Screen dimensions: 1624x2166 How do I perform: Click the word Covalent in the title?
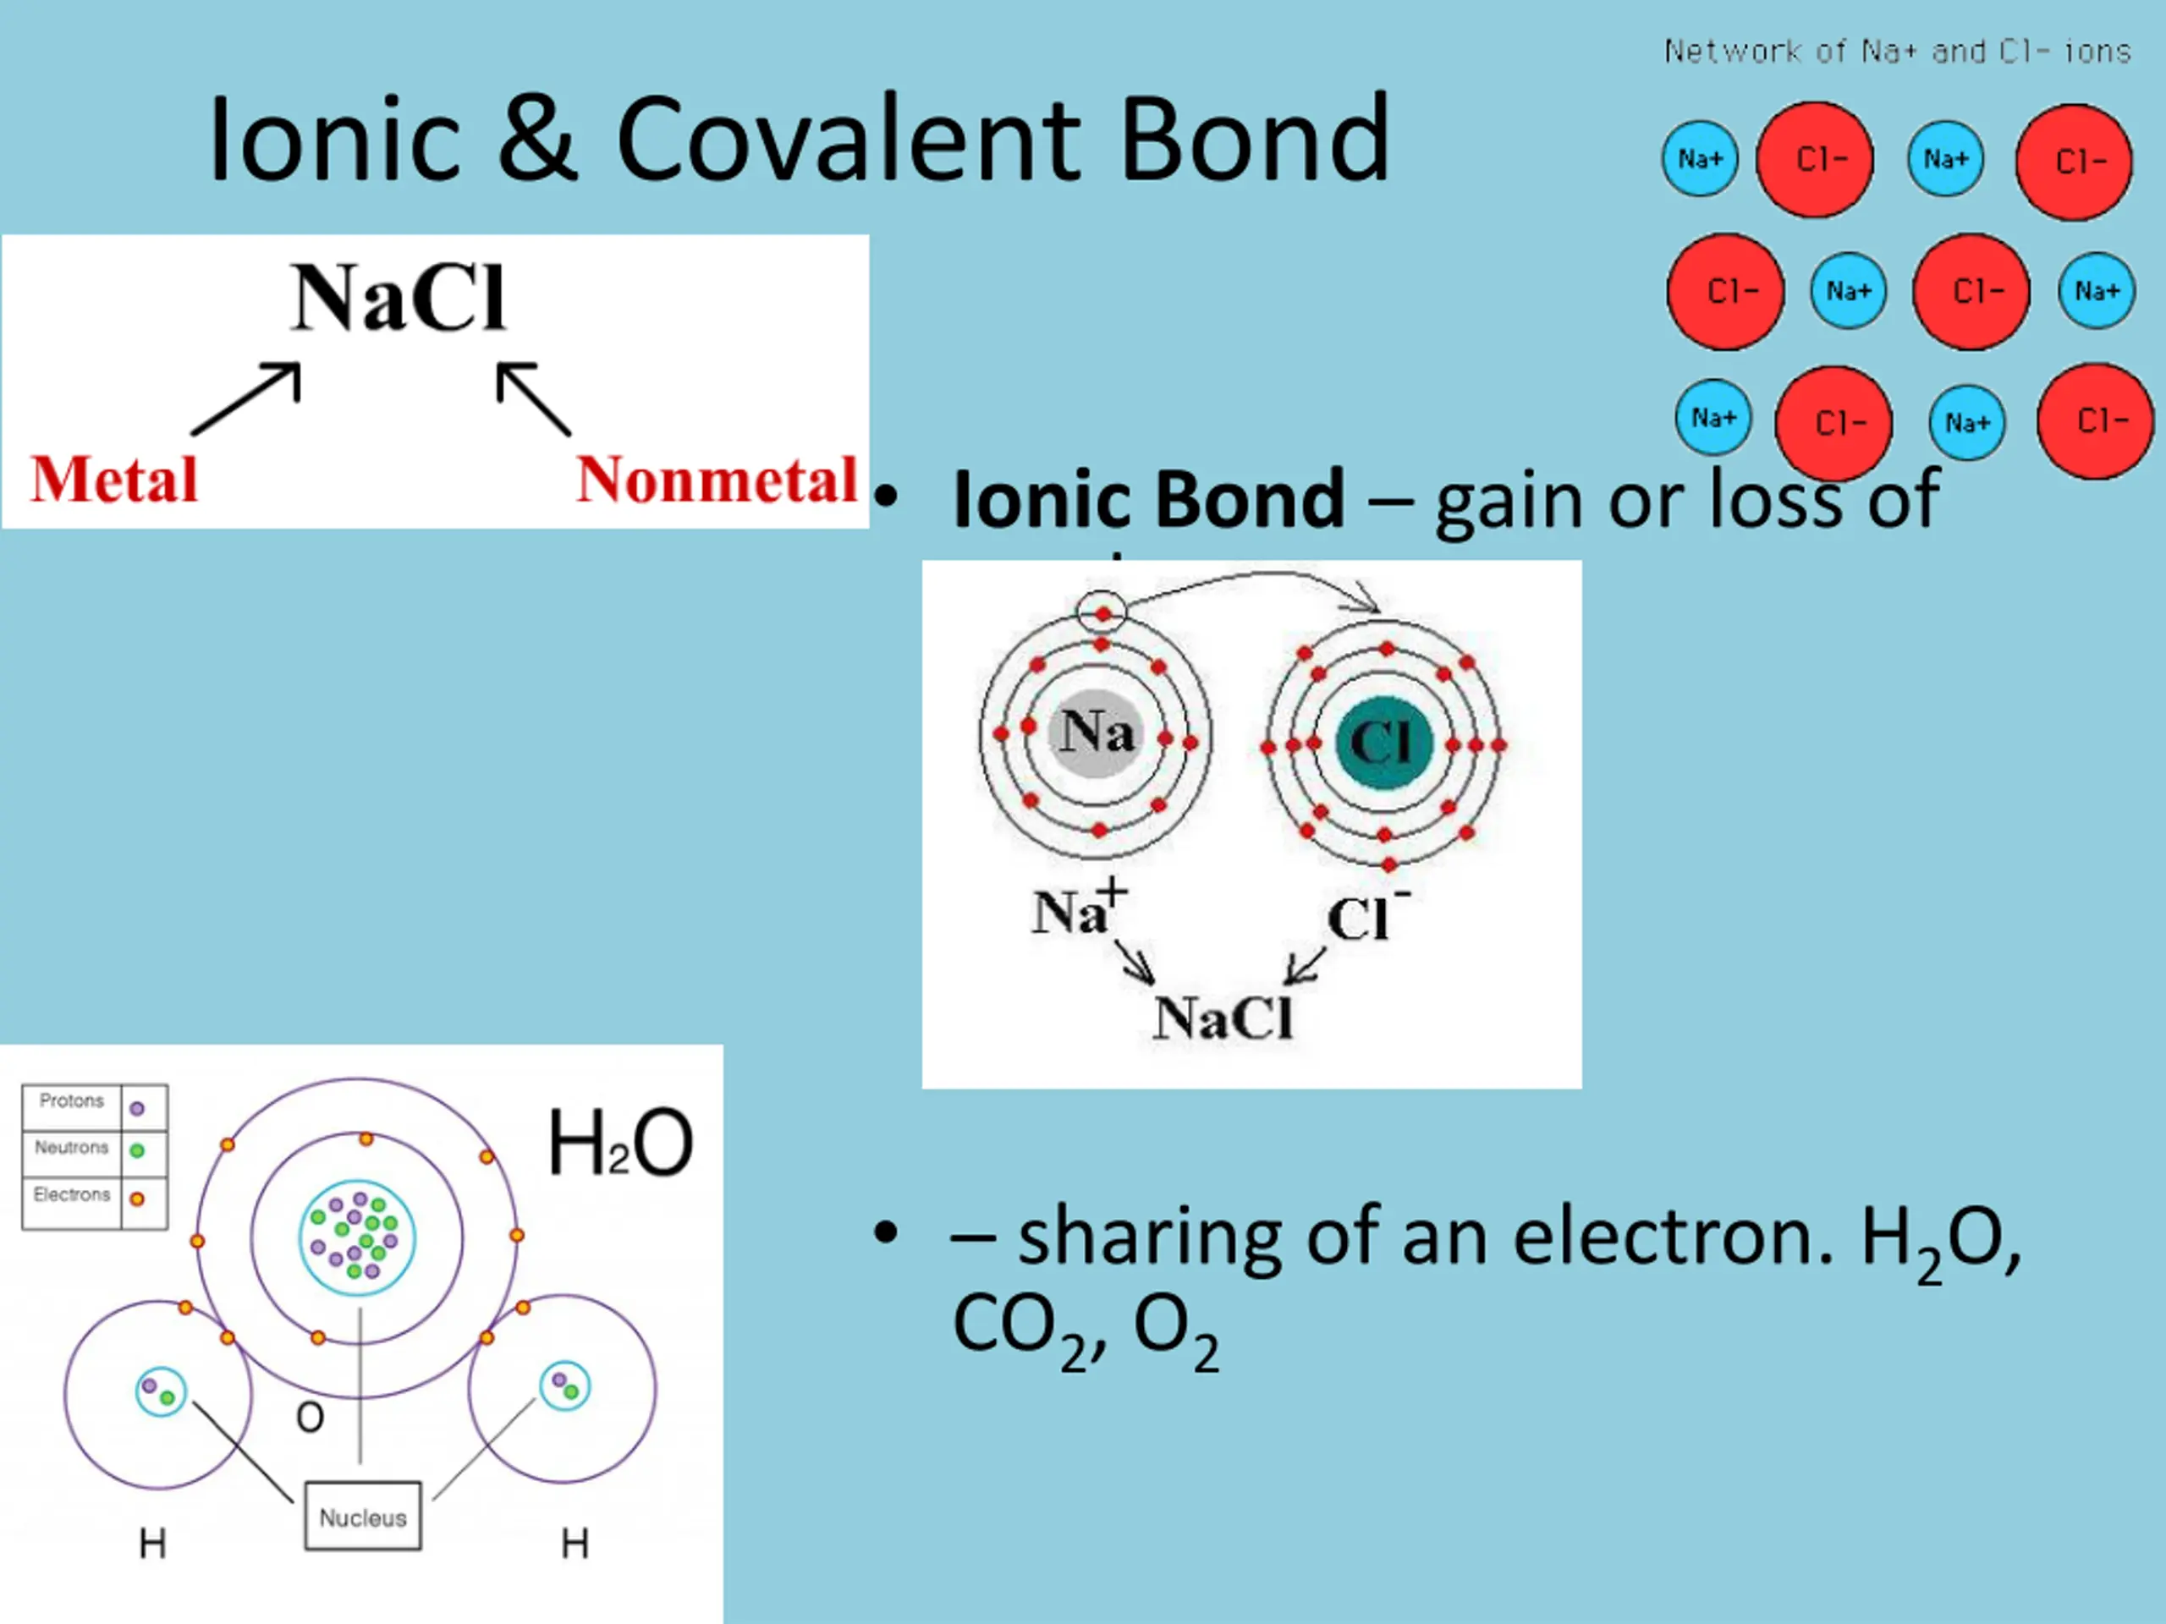(848, 139)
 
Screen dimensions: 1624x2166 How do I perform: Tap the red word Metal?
(114, 480)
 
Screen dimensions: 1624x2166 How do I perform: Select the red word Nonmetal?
(717, 480)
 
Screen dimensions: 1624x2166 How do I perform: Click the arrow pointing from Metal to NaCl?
(247, 398)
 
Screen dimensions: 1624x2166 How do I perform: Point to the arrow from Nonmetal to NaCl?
(533, 398)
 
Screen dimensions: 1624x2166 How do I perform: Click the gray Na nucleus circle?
(1097, 734)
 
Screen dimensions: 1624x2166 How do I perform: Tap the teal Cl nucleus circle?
(1384, 742)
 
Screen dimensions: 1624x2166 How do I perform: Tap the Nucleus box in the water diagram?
(363, 1517)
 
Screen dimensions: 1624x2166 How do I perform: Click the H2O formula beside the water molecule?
(620, 1143)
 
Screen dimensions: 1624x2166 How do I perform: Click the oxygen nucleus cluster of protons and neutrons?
(356, 1237)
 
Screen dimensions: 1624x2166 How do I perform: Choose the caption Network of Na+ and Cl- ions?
(1898, 51)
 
